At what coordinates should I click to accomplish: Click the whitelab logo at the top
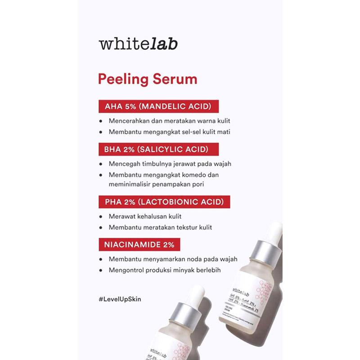point(138,44)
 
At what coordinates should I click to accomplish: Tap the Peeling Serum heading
point(148,80)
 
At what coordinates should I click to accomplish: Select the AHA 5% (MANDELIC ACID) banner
point(158,107)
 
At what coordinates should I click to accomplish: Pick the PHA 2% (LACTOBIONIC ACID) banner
point(164,201)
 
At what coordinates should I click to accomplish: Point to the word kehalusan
point(153,216)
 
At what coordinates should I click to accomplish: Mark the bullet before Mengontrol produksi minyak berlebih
point(101,270)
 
